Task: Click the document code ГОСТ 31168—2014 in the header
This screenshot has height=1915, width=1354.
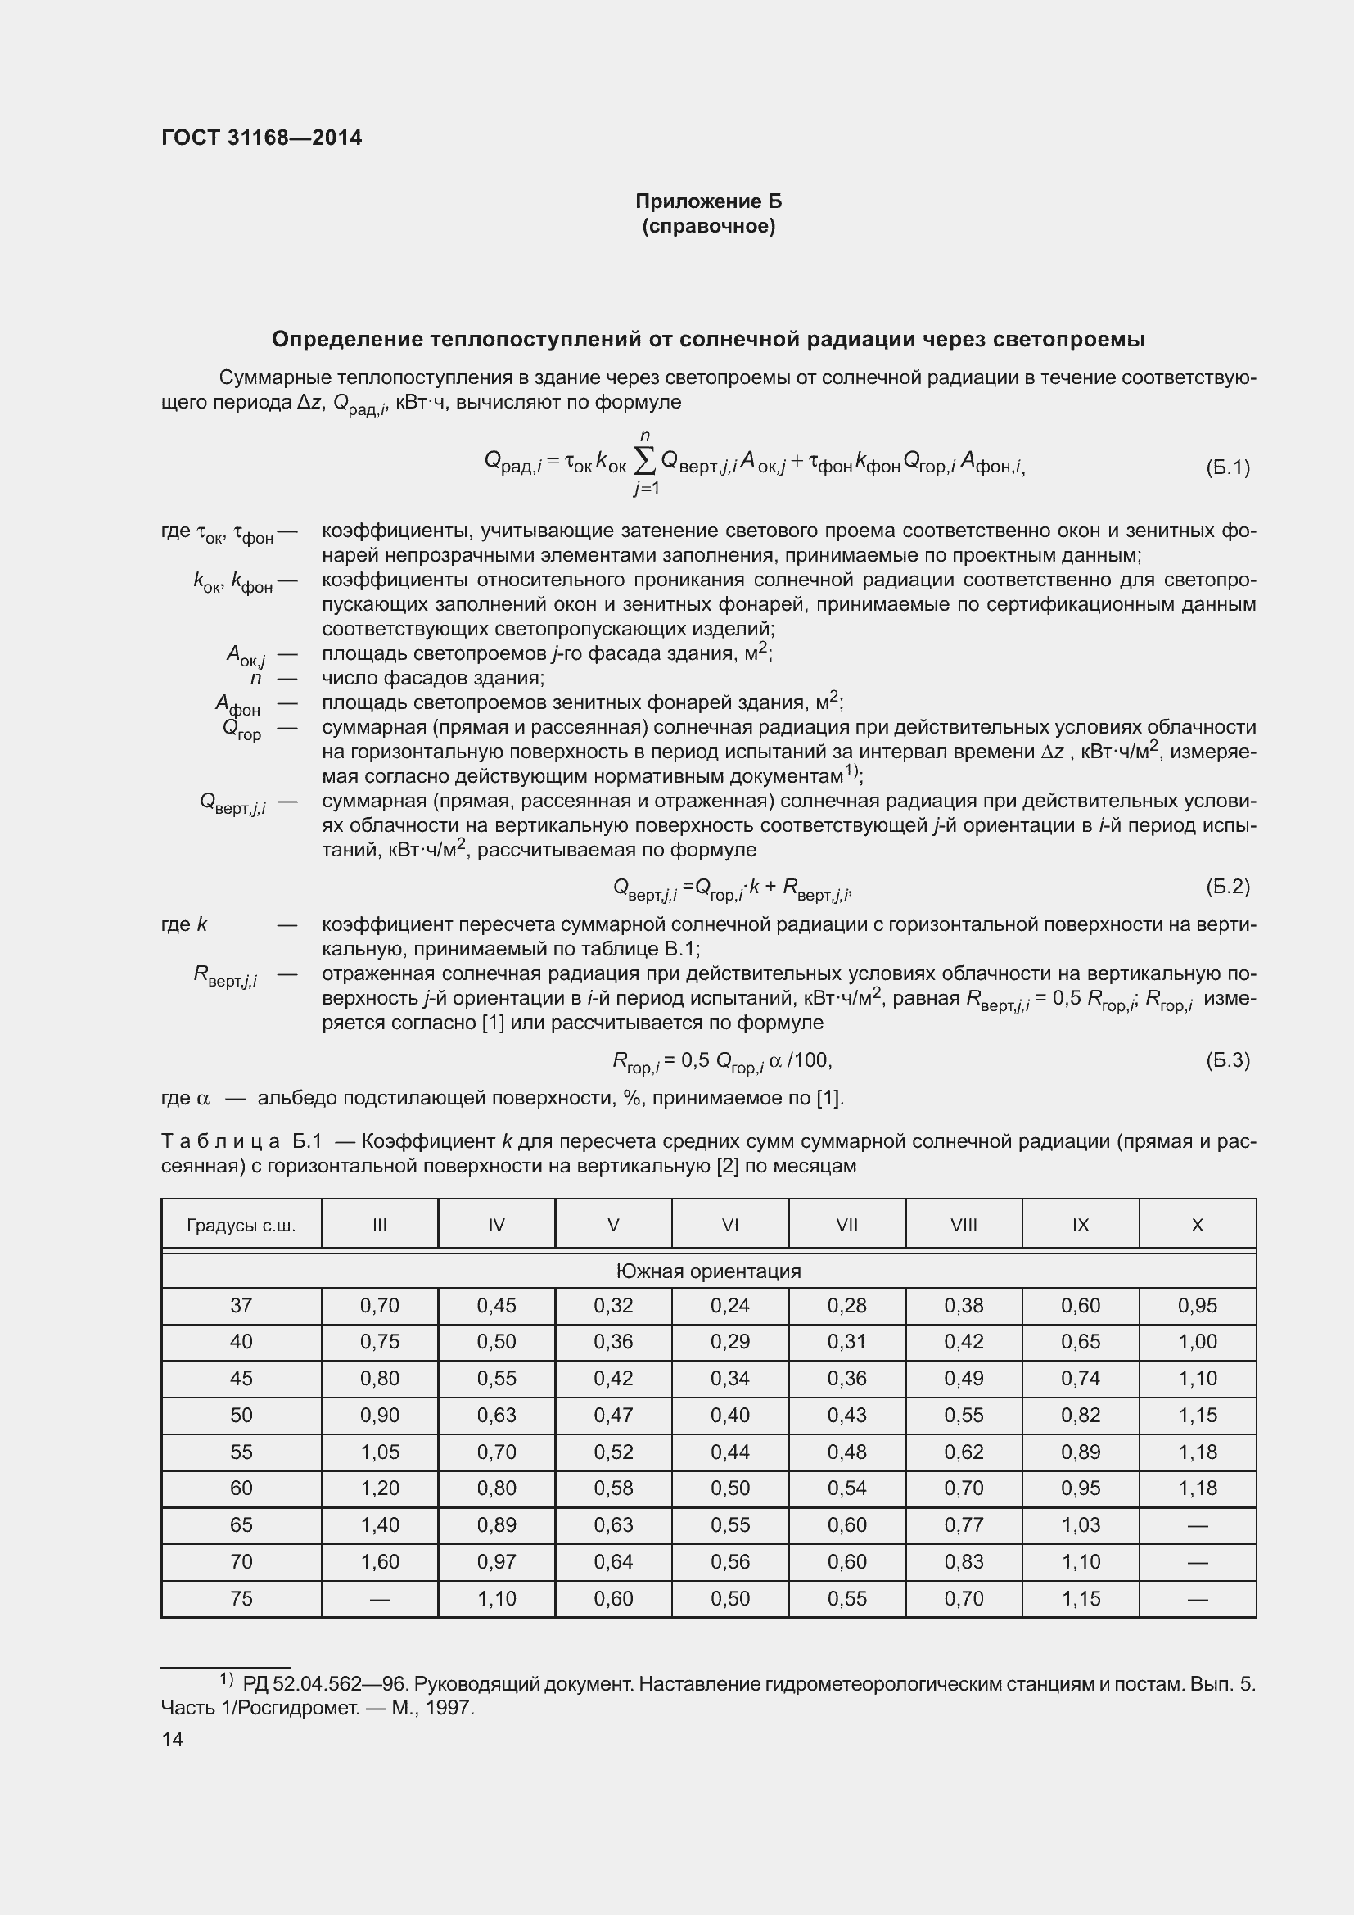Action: [261, 138]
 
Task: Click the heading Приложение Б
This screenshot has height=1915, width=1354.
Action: [708, 202]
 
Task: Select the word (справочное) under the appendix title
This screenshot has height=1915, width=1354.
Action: [708, 227]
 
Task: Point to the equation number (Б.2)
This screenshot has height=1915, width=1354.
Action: [1227, 887]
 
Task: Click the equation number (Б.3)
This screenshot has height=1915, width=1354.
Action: [1227, 1060]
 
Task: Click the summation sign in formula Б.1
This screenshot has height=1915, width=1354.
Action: [643, 460]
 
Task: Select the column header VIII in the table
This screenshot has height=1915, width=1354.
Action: [963, 1226]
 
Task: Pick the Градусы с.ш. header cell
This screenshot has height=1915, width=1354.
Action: [241, 1226]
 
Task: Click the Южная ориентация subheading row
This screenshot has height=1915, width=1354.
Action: [708, 1271]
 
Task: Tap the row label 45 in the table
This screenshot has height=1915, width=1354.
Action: [241, 1379]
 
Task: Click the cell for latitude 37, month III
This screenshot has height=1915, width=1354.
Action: [379, 1305]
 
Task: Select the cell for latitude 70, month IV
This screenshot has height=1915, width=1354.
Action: [496, 1562]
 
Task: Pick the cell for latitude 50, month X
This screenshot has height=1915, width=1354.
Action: [1198, 1416]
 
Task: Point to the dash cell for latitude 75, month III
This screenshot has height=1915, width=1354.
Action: [379, 1599]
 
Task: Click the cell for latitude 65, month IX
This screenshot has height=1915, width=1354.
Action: [1081, 1525]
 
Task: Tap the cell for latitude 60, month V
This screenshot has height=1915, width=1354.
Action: [613, 1488]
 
